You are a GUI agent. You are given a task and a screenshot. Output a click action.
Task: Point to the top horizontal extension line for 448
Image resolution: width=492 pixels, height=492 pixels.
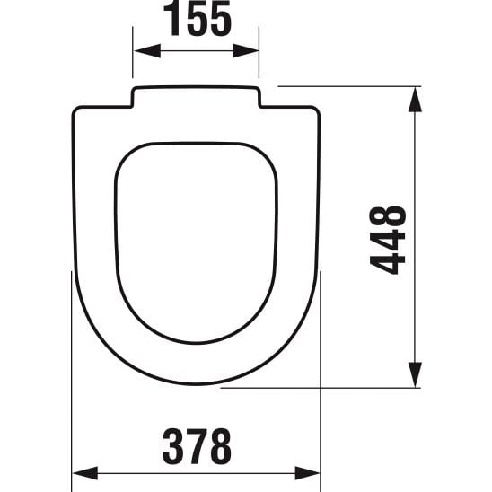[x=350, y=86]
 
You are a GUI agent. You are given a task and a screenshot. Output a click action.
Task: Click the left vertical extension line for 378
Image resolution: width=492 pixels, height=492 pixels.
[x=72, y=377]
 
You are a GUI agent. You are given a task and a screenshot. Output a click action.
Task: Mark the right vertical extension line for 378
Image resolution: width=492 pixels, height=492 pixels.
[x=321, y=377]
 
